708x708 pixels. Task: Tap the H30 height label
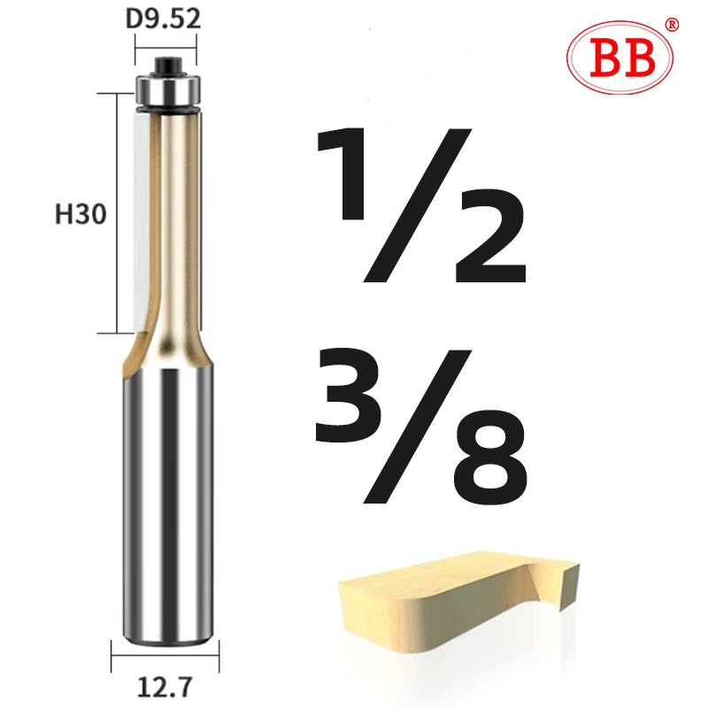(79, 214)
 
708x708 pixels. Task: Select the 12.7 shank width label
(165, 684)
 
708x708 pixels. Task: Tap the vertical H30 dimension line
(117, 212)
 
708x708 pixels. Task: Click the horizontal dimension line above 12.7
(165, 657)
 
